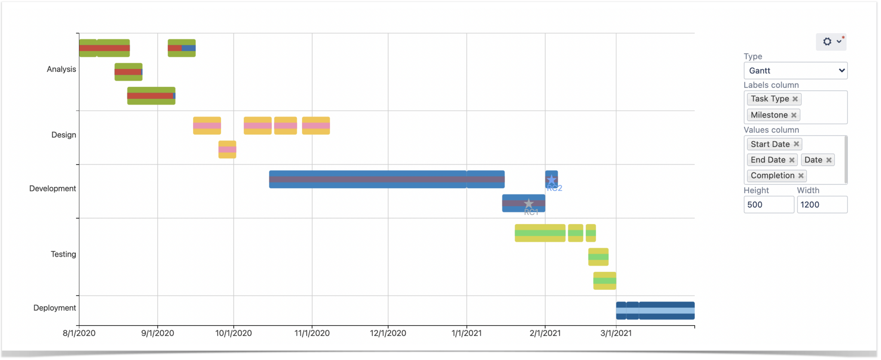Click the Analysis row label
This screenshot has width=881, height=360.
click(61, 69)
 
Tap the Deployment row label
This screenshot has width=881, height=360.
click(55, 308)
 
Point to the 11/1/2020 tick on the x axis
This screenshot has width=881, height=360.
click(312, 333)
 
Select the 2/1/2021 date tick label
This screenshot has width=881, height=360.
click(545, 333)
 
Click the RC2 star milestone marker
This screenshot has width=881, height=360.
click(551, 180)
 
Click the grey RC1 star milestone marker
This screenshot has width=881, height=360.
click(529, 203)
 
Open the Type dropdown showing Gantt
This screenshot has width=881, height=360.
click(795, 71)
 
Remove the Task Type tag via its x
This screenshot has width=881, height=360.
click(795, 99)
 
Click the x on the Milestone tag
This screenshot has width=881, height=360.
click(794, 115)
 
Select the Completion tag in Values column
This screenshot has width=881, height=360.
click(772, 175)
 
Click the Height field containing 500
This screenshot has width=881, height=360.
click(768, 205)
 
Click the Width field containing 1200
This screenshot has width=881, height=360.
click(822, 205)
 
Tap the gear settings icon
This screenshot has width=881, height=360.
click(827, 42)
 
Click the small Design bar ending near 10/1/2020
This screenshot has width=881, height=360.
click(227, 150)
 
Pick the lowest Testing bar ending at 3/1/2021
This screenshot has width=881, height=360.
click(604, 281)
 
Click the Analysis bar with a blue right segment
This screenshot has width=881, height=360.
click(182, 48)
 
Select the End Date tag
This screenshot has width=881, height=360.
click(768, 160)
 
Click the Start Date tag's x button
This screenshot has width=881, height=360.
click(796, 144)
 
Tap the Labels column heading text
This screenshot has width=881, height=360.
click(771, 85)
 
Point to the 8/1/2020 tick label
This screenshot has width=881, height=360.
click(79, 333)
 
